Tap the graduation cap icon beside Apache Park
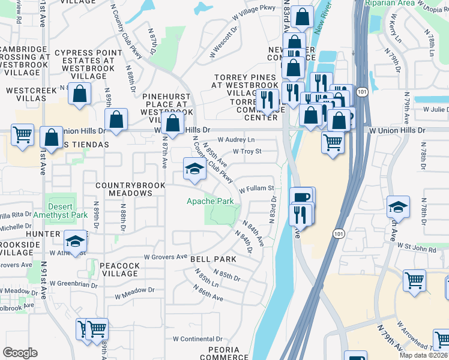(194, 169)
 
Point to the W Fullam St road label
(256, 189)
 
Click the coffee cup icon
(301, 197)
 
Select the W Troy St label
(247, 152)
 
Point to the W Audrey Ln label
(236, 139)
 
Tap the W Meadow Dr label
(134, 293)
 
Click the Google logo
(20, 353)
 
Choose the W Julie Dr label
(436, 110)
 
